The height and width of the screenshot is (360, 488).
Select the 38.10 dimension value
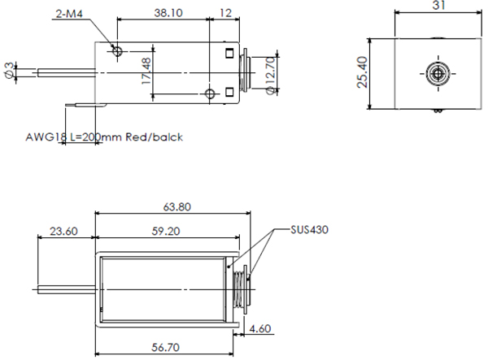(167, 13)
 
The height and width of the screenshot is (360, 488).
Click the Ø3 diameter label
(9, 71)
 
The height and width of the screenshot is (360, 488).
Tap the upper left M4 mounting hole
(119, 52)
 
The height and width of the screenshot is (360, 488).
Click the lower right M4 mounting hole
(211, 94)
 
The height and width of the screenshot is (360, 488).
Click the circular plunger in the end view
(438, 75)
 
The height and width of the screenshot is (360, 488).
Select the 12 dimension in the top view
(225, 13)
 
